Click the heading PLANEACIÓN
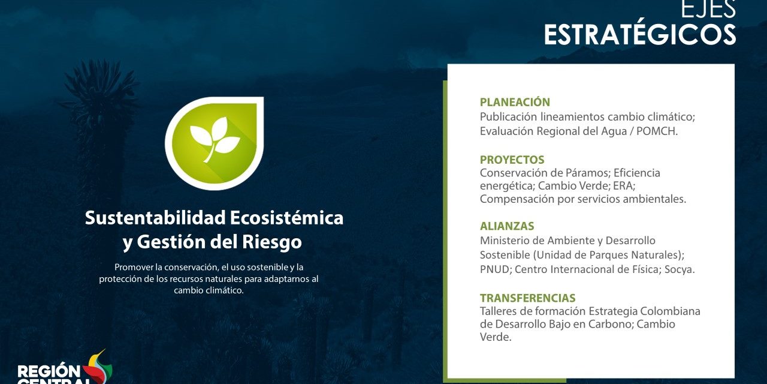click(515, 102)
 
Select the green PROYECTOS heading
click(512, 160)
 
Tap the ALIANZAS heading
click(507, 226)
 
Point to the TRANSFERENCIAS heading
click(528, 298)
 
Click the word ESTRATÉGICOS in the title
click(640, 35)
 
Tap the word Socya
click(680, 269)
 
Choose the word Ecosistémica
click(287, 218)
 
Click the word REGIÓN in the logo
click(49, 371)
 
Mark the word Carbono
click(608, 325)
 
